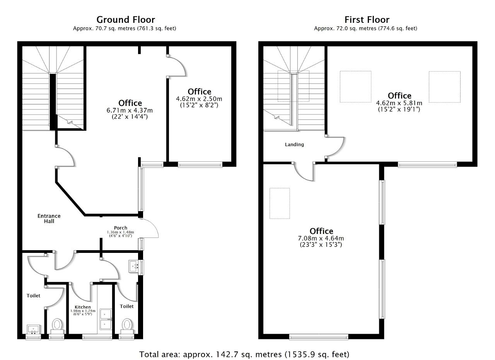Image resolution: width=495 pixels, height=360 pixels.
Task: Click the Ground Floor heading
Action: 126,20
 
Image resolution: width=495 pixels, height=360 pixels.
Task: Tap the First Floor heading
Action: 367,20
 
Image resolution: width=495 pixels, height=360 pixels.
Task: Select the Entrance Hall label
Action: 49,218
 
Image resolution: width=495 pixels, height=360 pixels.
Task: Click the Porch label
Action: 120,228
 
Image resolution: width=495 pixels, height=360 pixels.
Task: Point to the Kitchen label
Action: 83,307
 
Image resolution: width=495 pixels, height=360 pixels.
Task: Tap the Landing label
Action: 294,145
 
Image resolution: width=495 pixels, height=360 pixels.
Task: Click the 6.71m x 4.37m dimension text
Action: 130,110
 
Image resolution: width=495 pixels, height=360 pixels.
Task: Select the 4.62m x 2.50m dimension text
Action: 199,99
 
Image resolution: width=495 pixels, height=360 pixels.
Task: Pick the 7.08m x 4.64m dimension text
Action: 321,238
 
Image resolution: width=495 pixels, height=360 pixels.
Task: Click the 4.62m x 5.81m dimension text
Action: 399,103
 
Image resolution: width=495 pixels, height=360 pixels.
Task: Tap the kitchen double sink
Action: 106,319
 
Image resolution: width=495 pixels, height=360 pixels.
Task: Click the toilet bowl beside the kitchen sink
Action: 127,326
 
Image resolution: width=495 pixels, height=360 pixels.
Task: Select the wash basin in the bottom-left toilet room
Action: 33,329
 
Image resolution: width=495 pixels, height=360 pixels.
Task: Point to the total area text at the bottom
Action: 244,355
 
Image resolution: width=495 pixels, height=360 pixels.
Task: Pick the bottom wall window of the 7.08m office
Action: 319,337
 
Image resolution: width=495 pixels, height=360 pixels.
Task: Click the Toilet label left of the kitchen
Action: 33,296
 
